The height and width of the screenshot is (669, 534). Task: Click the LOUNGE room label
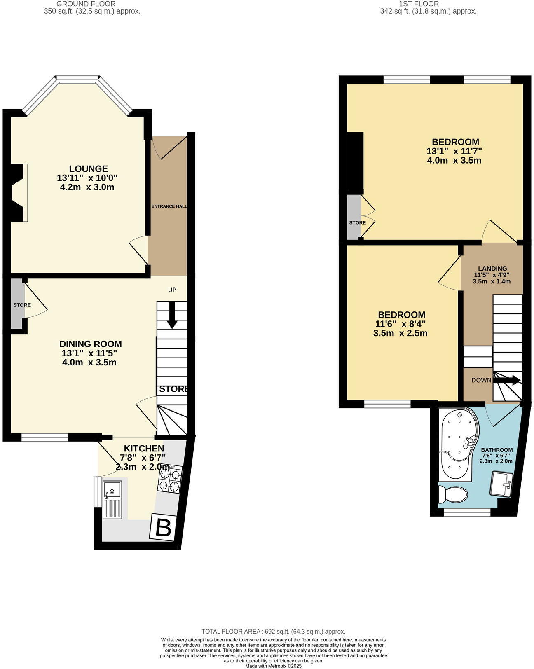click(x=88, y=168)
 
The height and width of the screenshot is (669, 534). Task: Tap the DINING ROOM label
click(x=91, y=344)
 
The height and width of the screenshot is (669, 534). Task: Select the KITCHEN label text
click(x=144, y=448)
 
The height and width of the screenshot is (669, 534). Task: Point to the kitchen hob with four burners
click(x=170, y=480)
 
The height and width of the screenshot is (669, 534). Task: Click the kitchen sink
click(x=112, y=499)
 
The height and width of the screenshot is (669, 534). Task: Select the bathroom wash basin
click(x=501, y=484)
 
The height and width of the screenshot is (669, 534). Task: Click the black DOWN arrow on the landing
click(x=507, y=380)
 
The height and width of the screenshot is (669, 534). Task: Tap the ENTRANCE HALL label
click(x=169, y=206)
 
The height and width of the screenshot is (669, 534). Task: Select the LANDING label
click(x=492, y=269)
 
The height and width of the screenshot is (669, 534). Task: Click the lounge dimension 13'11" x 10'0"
click(x=87, y=178)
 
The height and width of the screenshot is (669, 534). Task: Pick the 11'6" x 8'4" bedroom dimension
click(x=400, y=324)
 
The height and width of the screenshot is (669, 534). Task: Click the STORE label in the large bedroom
click(x=357, y=222)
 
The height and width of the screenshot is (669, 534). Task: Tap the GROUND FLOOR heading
click(x=86, y=4)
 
